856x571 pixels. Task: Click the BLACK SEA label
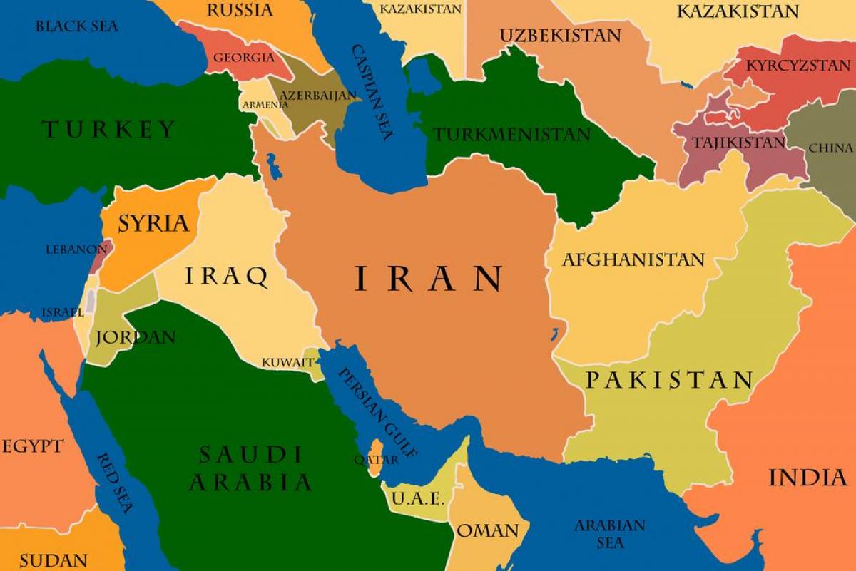click(x=77, y=26)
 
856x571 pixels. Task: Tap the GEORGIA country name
click(x=243, y=57)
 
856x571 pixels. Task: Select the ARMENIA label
click(x=265, y=105)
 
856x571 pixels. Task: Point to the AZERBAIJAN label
click(x=317, y=94)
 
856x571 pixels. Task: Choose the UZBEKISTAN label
click(x=560, y=36)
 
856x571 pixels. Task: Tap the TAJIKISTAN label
click(x=738, y=143)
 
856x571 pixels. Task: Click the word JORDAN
click(x=136, y=337)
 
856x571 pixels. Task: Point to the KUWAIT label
click(x=287, y=362)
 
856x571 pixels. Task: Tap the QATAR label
click(x=376, y=460)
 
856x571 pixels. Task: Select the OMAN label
click(x=488, y=531)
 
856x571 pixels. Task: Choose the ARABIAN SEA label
click(x=609, y=534)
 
